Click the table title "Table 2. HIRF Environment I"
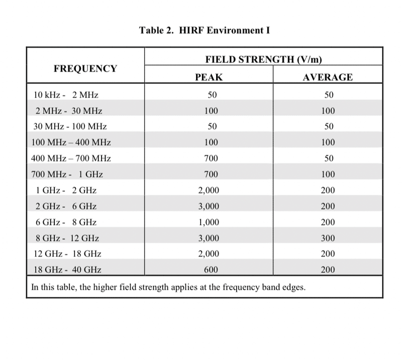coord(205,30)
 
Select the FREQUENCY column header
coord(85,69)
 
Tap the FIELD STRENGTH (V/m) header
coord(263,60)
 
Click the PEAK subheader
coord(209,77)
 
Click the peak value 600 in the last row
coord(211,270)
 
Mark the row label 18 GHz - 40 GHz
coord(67,270)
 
